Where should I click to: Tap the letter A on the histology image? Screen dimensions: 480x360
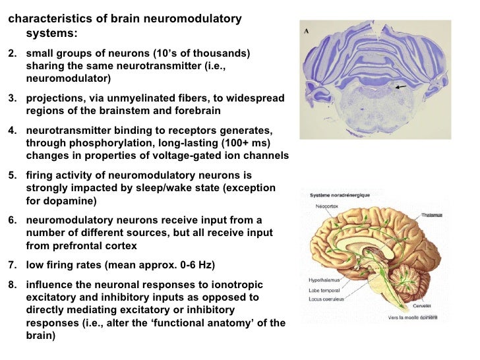click(307, 31)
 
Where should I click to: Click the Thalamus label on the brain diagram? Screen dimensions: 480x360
click(432, 215)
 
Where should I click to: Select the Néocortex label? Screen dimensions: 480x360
click(328, 205)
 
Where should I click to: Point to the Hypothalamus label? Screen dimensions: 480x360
click(323, 280)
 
